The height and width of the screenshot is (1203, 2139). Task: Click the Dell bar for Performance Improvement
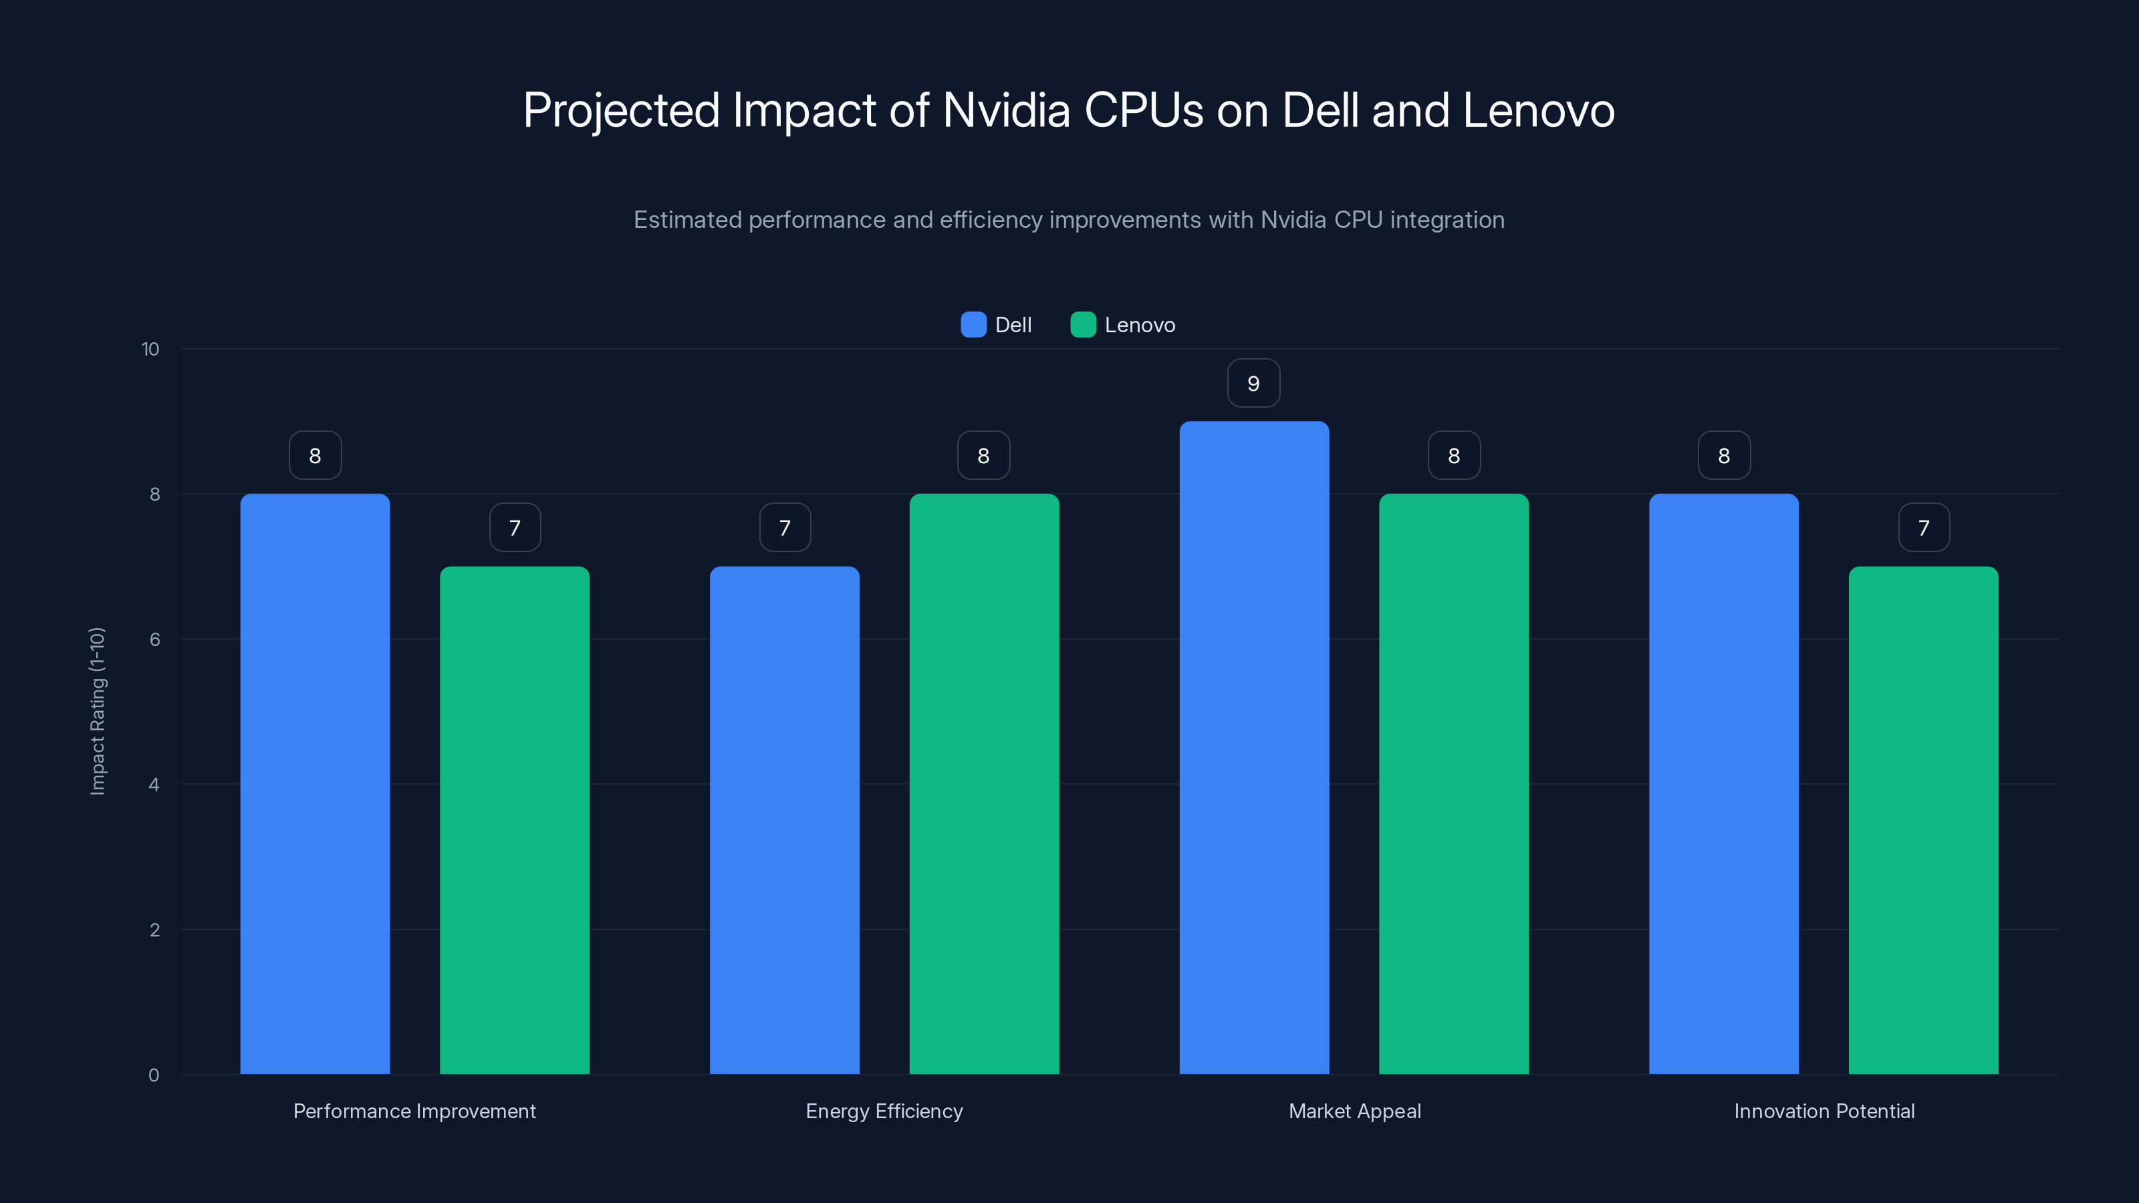[315, 784]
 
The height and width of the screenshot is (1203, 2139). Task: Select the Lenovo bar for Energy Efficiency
[984, 784]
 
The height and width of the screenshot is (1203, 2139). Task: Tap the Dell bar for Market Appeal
[1254, 747]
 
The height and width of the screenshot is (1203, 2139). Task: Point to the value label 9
[1254, 384]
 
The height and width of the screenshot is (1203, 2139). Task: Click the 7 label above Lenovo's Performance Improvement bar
[515, 528]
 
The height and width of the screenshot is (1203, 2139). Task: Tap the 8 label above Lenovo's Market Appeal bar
[1454, 456]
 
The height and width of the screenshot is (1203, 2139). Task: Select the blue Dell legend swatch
[973, 325]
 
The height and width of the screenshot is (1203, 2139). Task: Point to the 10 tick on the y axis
[150, 350]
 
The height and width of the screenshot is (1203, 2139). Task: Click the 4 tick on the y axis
[154, 785]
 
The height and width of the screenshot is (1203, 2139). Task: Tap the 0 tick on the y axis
[154, 1075]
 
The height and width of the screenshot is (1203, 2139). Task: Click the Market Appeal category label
[1354, 1111]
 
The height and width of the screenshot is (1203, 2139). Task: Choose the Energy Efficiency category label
[884, 1111]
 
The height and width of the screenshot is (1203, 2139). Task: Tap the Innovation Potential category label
[1824, 1111]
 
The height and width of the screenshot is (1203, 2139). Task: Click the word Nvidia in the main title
[1007, 110]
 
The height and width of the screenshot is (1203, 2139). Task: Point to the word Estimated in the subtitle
[688, 220]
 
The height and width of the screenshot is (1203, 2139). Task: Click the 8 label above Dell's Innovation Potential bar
[1724, 456]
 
